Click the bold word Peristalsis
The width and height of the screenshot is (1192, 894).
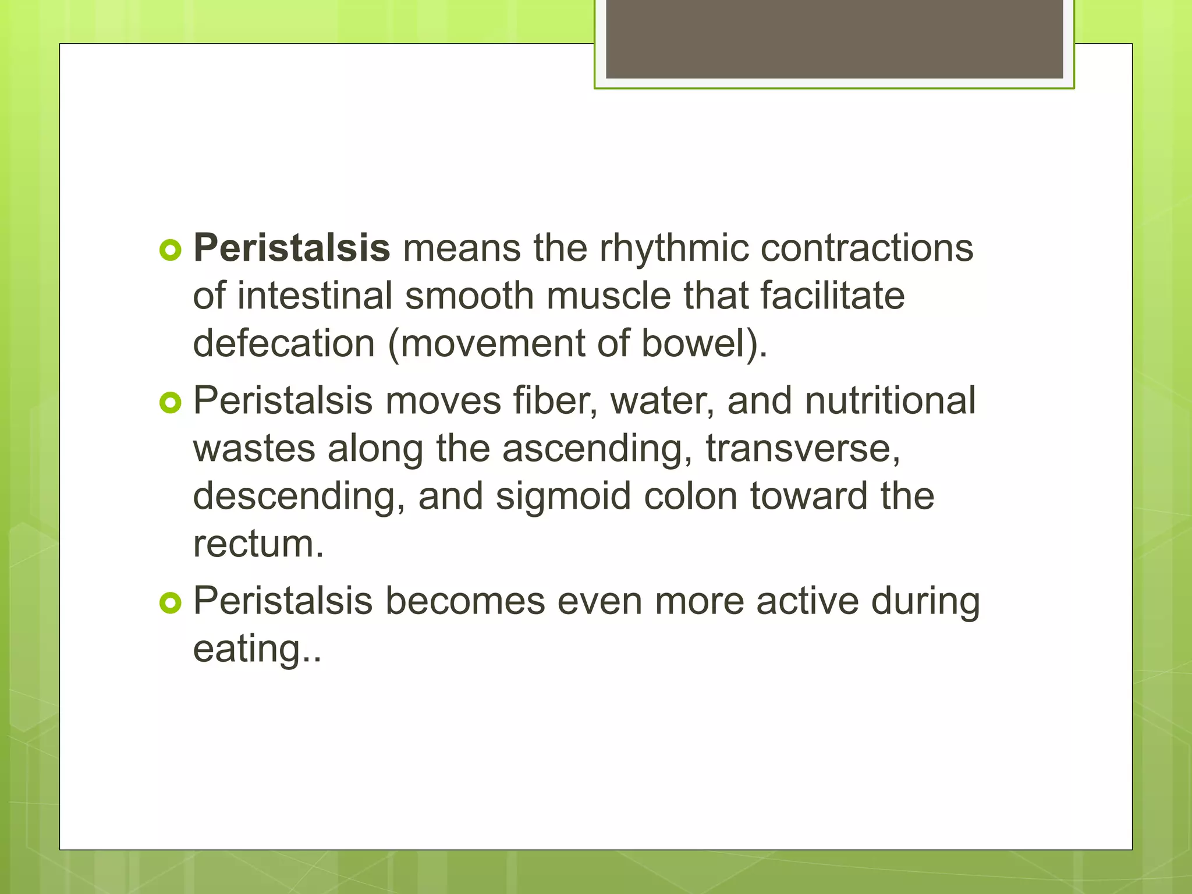coord(291,249)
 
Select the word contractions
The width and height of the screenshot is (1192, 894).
coord(866,249)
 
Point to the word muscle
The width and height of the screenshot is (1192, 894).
coord(608,296)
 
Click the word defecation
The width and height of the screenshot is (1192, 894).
coord(283,343)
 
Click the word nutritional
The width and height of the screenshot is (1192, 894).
coord(890,402)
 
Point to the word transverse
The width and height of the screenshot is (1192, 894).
coord(802,449)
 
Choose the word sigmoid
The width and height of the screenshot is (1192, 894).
coord(563,496)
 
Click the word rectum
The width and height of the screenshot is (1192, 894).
coord(258,544)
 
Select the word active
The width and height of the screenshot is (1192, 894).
coord(807,601)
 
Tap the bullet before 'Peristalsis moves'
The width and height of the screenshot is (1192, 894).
coord(170,403)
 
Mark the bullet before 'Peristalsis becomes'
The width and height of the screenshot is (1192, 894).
coord(170,603)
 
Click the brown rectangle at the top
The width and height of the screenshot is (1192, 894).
coord(834,40)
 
